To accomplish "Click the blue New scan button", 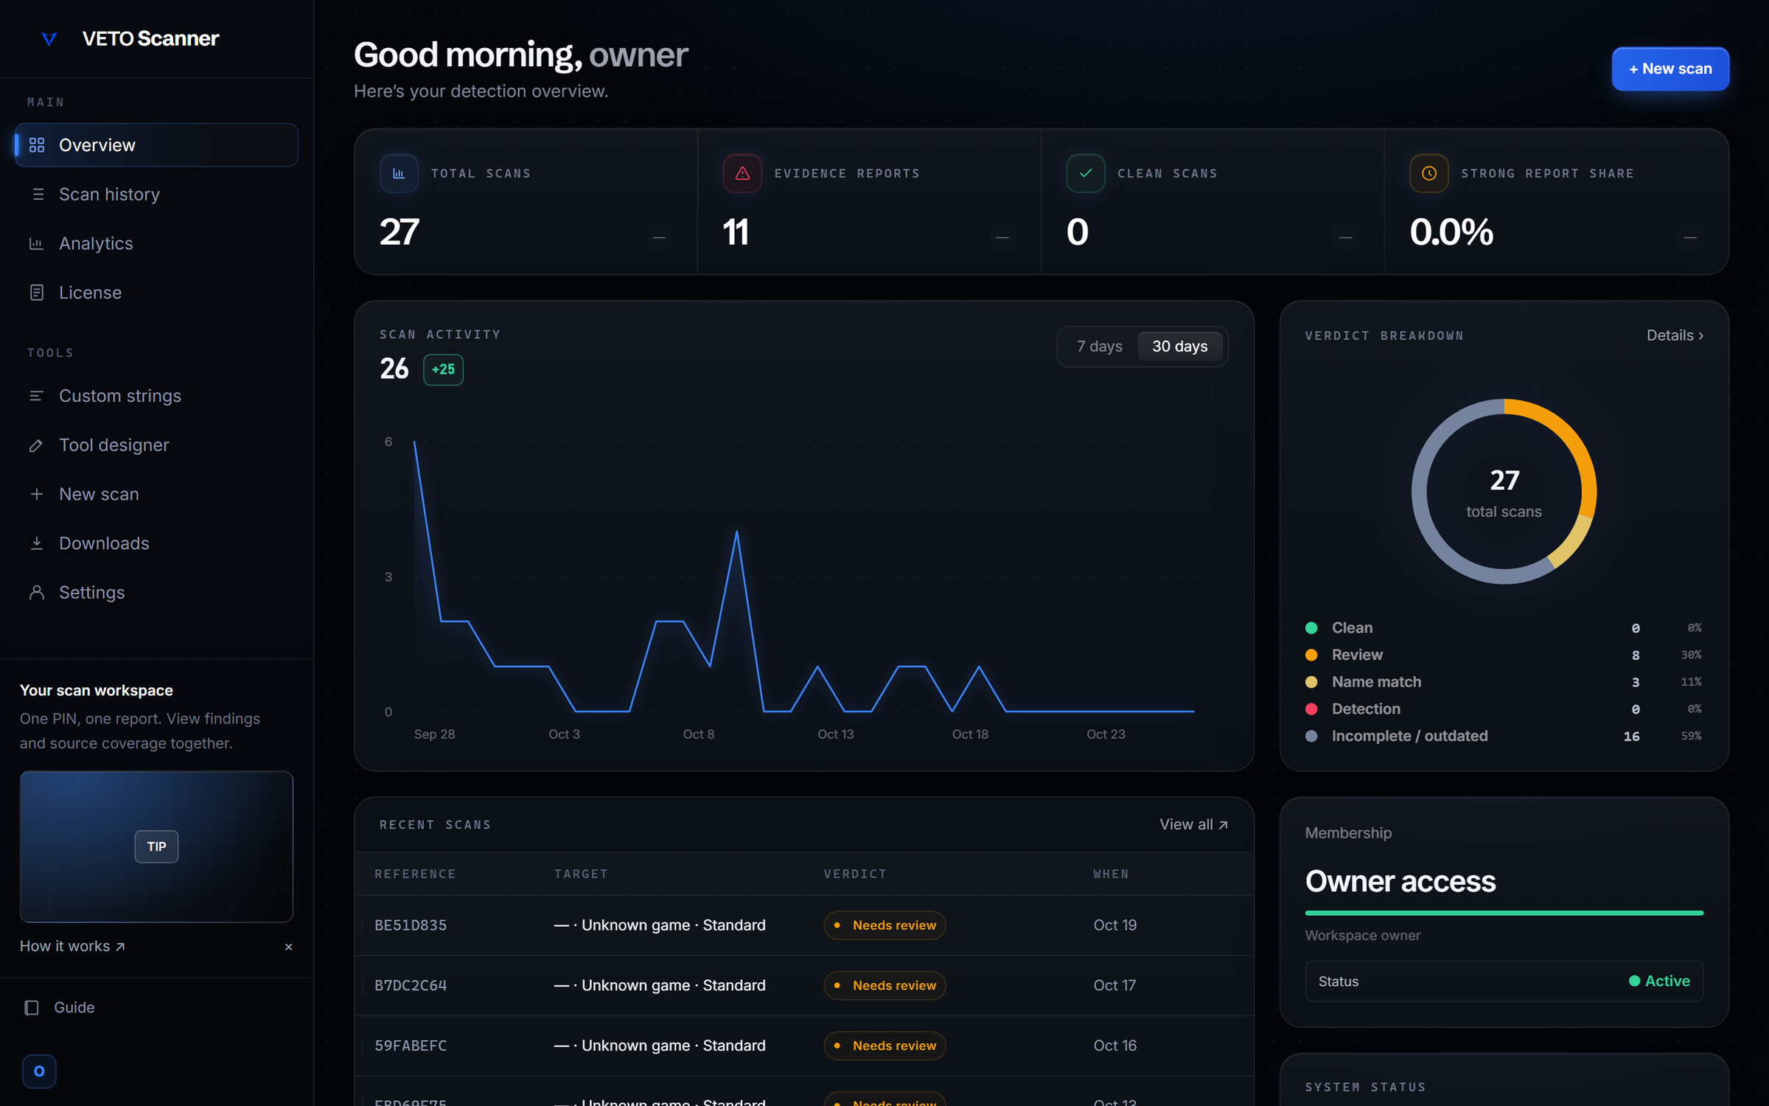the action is tap(1669, 69).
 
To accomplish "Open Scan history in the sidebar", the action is tap(109, 194).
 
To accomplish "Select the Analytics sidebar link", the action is tap(96, 243).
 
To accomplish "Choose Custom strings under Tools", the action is tap(119, 396).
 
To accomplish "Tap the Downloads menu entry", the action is tap(104, 543).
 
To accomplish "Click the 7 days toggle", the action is tap(1099, 347).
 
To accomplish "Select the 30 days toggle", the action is tap(1179, 347).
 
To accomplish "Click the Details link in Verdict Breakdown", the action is tap(1675, 335).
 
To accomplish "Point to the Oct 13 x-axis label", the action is tap(835, 734).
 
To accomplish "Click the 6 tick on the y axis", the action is tap(388, 442).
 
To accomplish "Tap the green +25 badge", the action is tap(443, 369).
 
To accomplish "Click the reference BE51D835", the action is tap(411, 925).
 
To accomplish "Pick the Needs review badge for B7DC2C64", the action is tap(884, 986).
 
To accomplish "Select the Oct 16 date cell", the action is tap(1114, 1046).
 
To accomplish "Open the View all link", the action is tap(1193, 824).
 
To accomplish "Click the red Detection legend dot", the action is tap(1311, 709).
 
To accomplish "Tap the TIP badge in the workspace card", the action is tap(156, 846).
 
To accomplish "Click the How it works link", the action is tap(72, 946).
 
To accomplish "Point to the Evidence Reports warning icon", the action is tap(742, 173).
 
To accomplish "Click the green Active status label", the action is tap(1659, 981).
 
